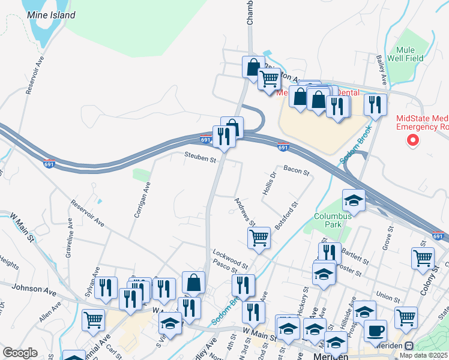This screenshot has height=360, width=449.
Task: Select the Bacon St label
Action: point(296,172)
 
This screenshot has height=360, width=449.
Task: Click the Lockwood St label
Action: point(229,259)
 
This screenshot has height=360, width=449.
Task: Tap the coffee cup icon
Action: point(376,330)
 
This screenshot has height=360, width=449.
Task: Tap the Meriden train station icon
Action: point(410,346)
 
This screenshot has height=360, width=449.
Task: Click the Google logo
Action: point(20,353)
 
